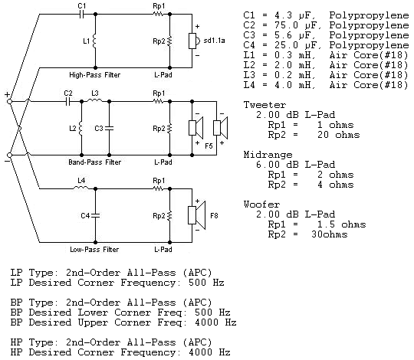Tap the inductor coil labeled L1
point(95,42)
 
